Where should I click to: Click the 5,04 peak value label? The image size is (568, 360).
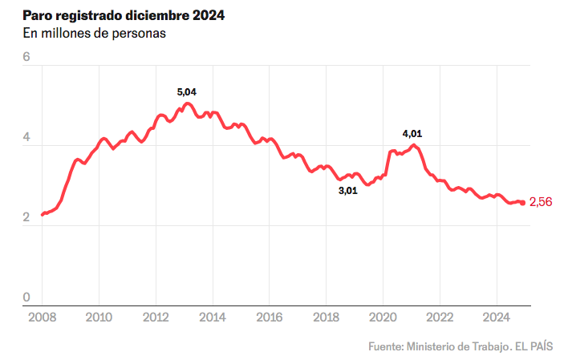coord(186,92)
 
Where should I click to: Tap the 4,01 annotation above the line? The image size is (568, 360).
coord(412,132)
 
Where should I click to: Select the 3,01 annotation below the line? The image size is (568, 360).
coord(347,191)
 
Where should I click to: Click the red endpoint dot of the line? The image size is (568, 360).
coord(523,203)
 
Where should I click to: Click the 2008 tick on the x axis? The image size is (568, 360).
coord(42,317)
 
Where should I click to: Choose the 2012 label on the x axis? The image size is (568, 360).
coord(156,317)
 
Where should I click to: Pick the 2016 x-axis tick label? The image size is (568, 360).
coord(269,317)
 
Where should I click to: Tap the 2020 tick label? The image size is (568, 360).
coord(383,317)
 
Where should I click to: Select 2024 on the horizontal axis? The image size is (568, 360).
coord(497,317)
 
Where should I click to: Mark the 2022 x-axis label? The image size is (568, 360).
coord(440,317)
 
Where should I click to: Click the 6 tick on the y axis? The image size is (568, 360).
coord(26,58)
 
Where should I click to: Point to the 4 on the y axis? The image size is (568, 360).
coord(26,138)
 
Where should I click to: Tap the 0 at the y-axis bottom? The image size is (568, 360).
coord(26,297)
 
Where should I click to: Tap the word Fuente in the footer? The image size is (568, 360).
coord(385,346)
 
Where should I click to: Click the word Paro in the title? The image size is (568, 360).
coord(37,15)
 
